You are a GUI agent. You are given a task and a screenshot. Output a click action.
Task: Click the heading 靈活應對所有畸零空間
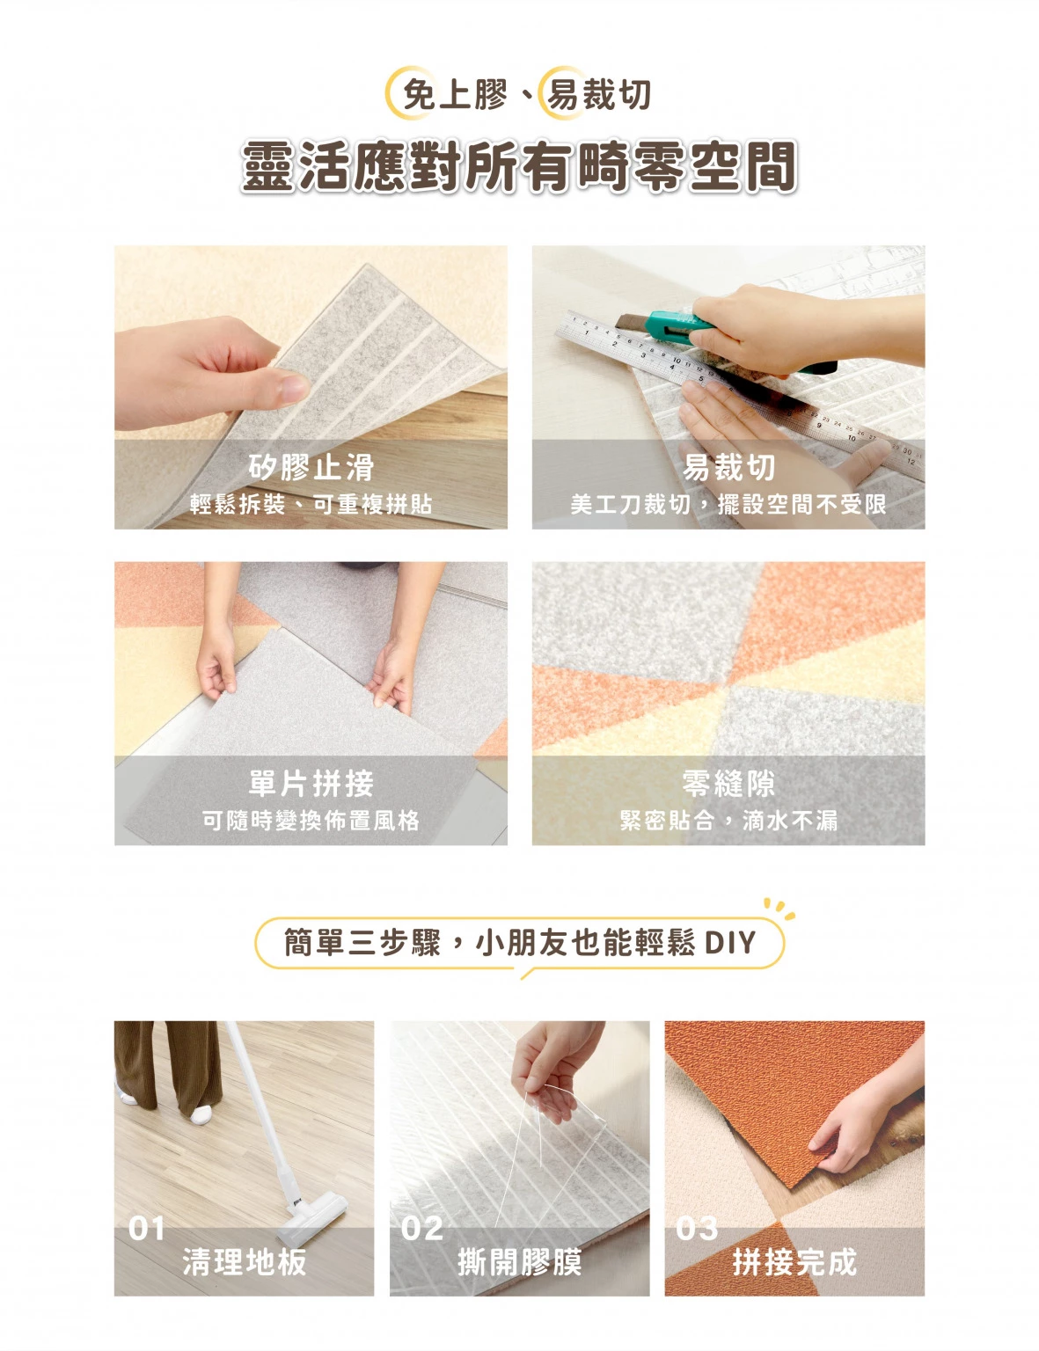pos(519,166)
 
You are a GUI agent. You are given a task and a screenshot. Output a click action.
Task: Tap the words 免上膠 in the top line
pos(455,95)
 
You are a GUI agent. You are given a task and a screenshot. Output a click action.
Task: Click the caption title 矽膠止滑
pos(311,467)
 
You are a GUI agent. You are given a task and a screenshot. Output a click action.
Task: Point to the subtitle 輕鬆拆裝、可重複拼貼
pos(311,504)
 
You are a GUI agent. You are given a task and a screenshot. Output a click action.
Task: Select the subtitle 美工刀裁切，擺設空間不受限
pos(728,504)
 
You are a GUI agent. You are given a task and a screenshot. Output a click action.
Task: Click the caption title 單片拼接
pos(311,784)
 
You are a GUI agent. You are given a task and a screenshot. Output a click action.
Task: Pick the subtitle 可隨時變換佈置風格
pos(311,821)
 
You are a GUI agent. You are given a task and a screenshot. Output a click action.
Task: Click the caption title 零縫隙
pos(728,784)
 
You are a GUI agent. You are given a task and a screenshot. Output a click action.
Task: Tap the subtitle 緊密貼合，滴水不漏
pos(728,821)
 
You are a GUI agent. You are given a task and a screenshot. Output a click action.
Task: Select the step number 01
pos(147,1228)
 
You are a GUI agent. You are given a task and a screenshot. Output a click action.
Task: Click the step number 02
pos(422,1228)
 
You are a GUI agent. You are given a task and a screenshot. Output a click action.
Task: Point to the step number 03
pos(697,1228)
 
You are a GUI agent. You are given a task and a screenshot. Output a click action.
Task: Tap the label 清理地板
pos(245,1262)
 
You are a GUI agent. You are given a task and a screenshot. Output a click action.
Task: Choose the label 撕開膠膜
pos(520,1262)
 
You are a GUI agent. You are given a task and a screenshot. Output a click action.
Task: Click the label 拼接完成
pos(794,1262)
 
